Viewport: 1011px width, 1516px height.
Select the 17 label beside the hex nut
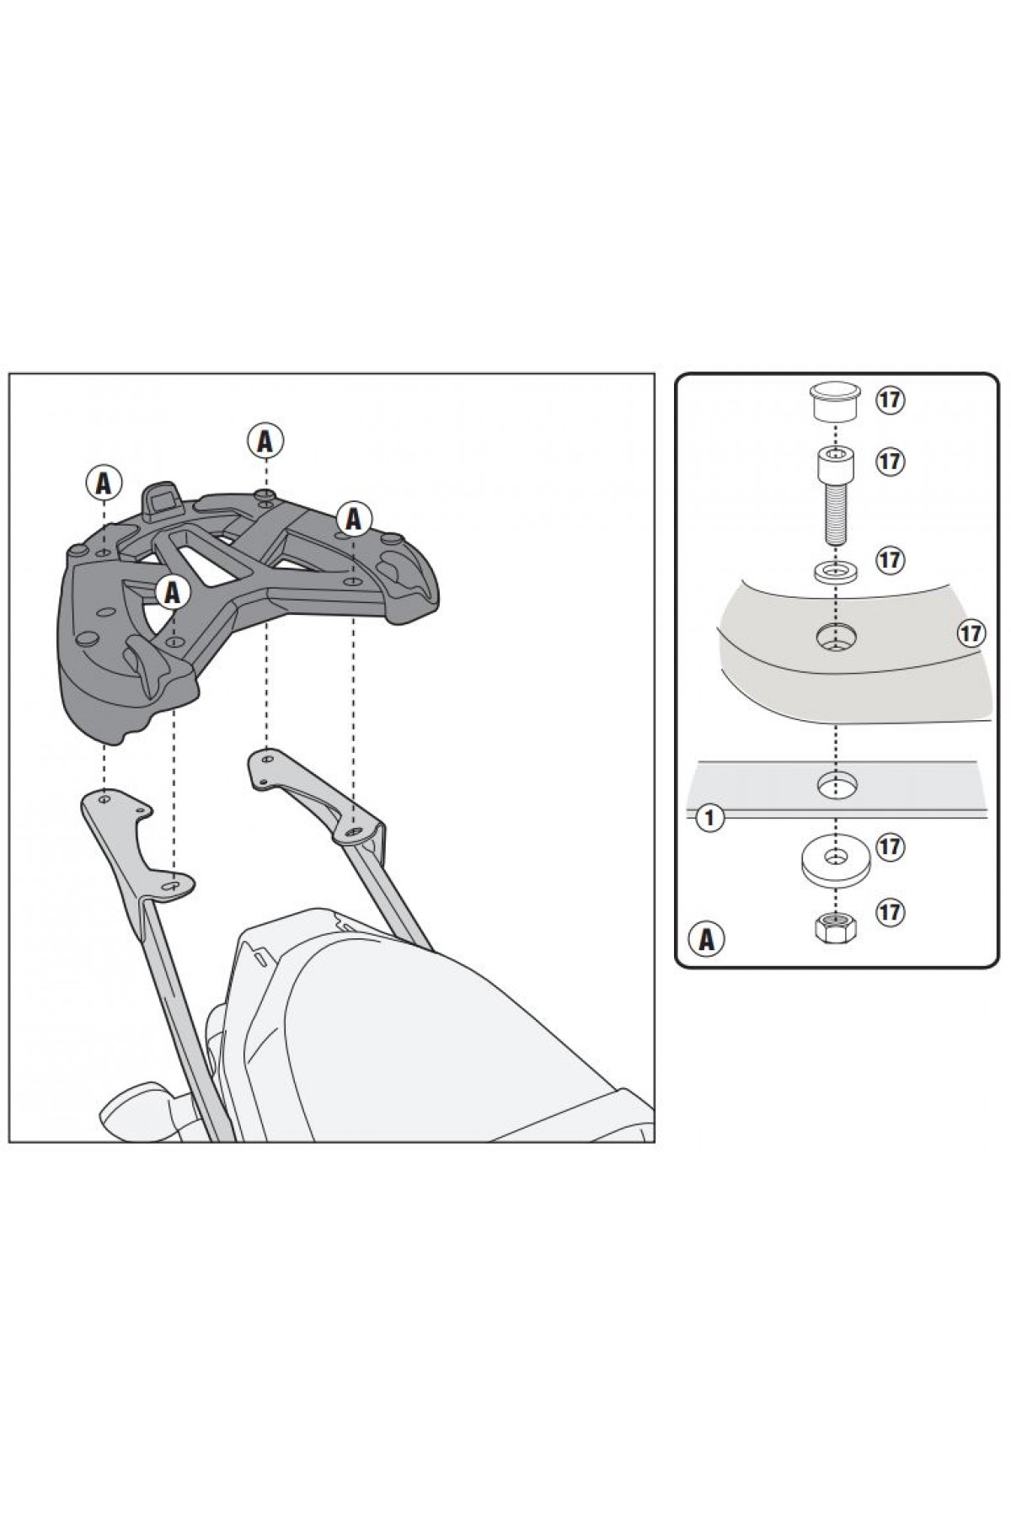coord(891,911)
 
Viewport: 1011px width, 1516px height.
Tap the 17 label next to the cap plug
coord(891,399)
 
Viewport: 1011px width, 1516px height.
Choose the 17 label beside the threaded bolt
coord(891,462)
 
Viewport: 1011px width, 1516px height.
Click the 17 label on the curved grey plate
coord(971,633)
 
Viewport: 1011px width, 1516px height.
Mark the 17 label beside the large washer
coord(891,846)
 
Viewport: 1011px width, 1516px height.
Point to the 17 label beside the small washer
coord(891,559)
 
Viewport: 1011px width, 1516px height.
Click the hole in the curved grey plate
coord(835,637)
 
